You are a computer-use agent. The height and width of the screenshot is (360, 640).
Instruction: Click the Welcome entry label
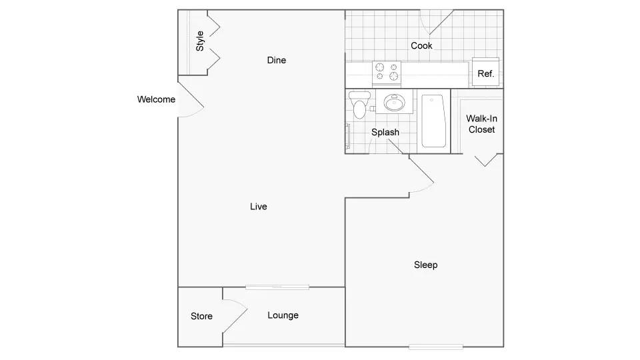point(156,99)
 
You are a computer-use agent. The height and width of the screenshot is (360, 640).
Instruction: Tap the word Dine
point(276,60)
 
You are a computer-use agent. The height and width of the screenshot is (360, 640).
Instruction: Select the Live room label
point(259,207)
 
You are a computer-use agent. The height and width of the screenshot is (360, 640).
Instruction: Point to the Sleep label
point(426,265)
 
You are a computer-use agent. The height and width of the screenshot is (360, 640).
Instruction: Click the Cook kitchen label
point(421,45)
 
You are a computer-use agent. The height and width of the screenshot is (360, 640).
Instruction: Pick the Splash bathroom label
point(385,132)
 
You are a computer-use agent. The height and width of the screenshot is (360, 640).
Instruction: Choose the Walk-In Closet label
point(481,124)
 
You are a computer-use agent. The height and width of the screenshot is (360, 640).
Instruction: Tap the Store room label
point(201,316)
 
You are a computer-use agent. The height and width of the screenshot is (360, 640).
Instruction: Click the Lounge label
point(283,315)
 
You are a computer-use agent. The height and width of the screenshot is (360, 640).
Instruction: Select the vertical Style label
point(199,41)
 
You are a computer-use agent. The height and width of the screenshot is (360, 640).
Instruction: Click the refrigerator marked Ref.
point(485,72)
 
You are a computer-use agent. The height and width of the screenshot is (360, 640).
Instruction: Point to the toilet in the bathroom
point(359,105)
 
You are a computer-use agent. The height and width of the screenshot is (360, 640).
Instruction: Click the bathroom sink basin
point(394,102)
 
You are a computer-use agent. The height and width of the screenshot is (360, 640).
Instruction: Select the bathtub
point(433,121)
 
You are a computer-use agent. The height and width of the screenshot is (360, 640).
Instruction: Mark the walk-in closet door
point(486,160)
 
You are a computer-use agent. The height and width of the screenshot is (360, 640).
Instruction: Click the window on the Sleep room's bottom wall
point(436,347)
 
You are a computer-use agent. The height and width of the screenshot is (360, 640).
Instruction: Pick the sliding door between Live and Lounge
point(277,287)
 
